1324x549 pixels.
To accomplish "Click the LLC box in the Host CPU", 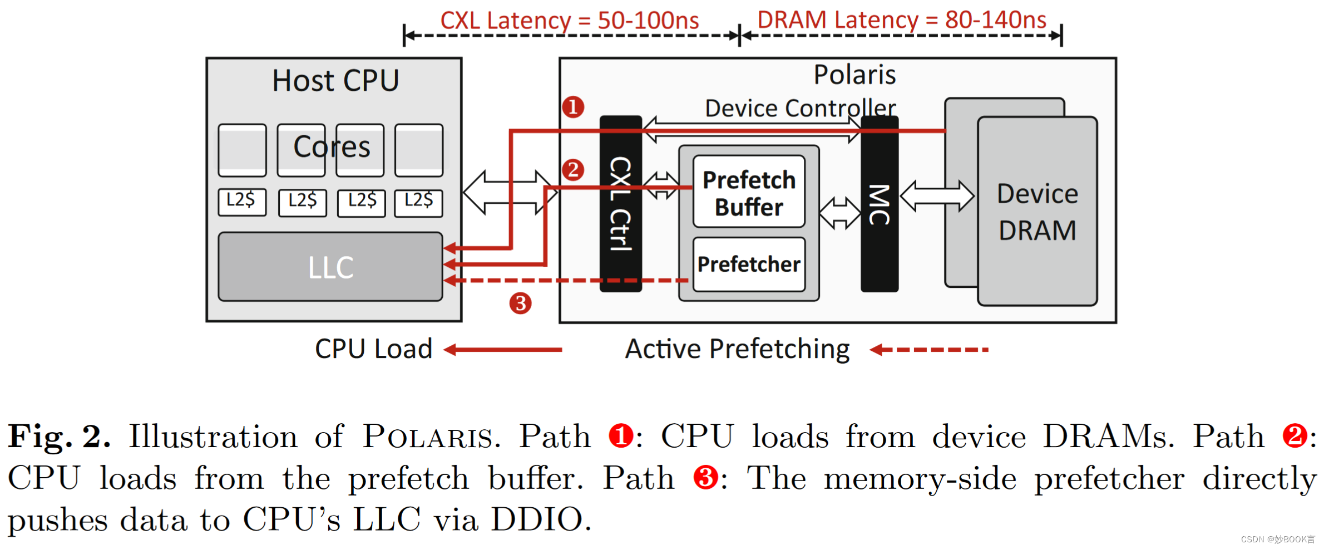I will [x=330, y=267].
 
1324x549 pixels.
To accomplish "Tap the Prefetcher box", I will [x=749, y=264].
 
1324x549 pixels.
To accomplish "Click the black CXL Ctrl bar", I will [x=620, y=203].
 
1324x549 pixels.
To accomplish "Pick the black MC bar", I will [x=879, y=203].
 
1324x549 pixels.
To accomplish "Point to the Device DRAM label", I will [x=1038, y=212].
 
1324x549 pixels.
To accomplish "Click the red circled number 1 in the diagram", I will [x=573, y=106].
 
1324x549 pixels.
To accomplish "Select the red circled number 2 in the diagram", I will [x=573, y=169].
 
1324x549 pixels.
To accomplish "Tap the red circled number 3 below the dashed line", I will [x=520, y=303].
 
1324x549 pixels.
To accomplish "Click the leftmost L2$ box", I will [x=242, y=201].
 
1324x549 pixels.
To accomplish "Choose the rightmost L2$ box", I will [x=418, y=201].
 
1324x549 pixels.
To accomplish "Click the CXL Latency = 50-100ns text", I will [x=569, y=21].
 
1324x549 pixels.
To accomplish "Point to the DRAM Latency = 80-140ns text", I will [x=901, y=20].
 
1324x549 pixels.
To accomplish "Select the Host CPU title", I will [x=335, y=81].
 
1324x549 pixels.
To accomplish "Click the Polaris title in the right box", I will [x=854, y=75].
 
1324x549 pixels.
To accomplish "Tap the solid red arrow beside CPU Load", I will [x=503, y=350].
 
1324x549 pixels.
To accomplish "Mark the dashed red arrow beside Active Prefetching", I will [x=929, y=350].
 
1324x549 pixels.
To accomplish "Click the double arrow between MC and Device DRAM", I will [x=937, y=196].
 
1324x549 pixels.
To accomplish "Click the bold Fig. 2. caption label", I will [x=58, y=437].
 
